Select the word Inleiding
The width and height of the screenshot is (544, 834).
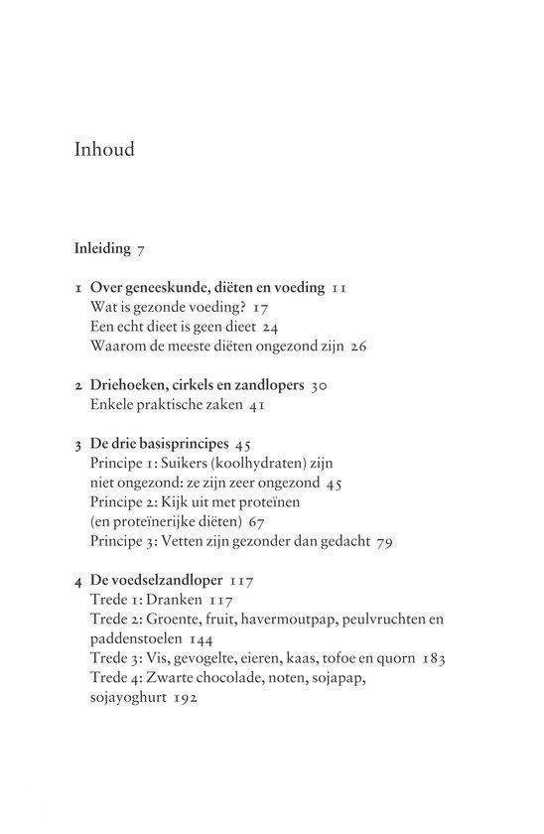click(102, 248)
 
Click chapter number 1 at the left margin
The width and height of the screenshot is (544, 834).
click(77, 288)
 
